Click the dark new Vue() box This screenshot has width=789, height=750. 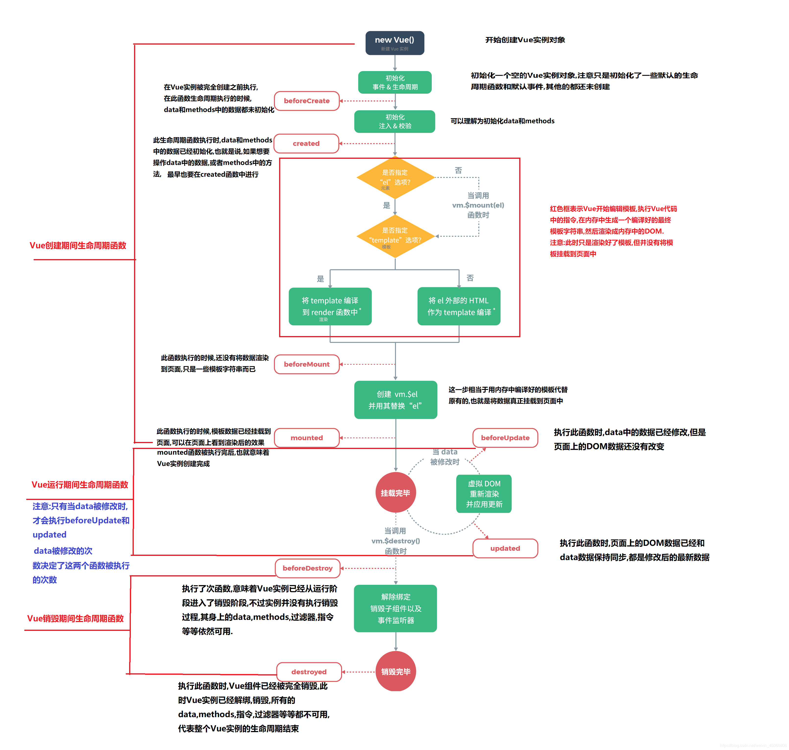394,43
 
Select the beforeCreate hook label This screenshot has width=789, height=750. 307,101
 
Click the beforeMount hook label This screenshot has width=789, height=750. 307,364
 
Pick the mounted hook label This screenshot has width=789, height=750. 307,438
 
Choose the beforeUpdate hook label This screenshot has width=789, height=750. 505,438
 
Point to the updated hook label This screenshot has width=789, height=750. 505,548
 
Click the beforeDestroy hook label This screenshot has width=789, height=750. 307,568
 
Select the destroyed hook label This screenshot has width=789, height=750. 308,672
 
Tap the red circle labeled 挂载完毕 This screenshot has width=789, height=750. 395,493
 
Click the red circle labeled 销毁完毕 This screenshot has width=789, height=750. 395,671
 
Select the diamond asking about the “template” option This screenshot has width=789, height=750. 395,236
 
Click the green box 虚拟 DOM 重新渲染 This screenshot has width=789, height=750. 484,494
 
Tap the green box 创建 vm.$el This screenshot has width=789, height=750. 395,400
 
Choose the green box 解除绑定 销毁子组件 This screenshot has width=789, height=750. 395,608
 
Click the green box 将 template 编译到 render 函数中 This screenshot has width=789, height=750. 330,306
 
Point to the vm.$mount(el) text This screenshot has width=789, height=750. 478,205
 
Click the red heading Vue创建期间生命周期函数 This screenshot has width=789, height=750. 78,246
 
